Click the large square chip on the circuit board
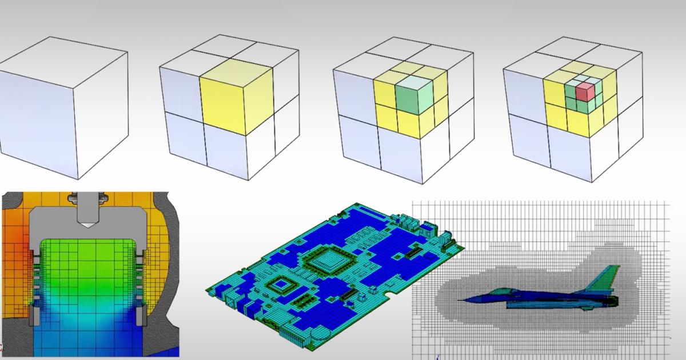click(x=325, y=261)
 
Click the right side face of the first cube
click(x=100, y=114)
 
